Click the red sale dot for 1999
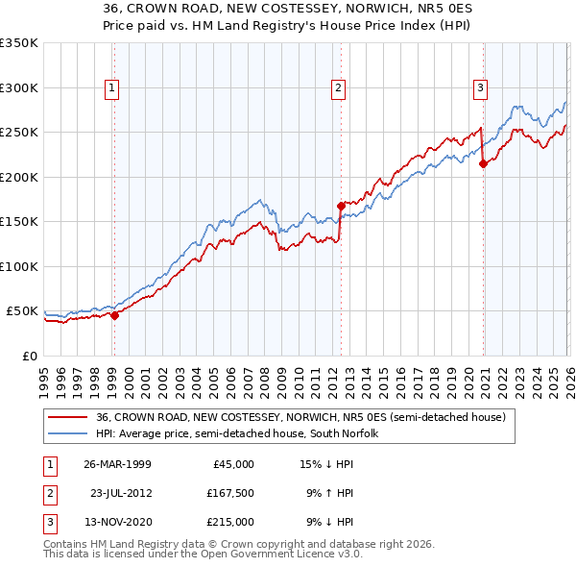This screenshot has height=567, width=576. tap(114, 315)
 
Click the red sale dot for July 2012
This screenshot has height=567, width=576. tap(341, 206)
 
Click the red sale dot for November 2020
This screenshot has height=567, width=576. tap(483, 163)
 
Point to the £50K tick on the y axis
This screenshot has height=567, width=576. tap(23, 311)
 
